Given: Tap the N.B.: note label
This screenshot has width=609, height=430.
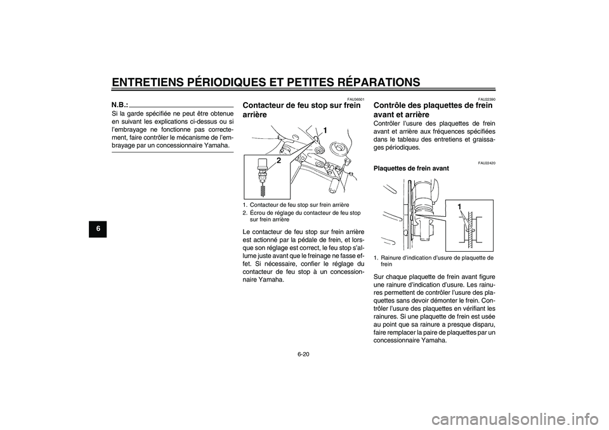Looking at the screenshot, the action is [120, 105].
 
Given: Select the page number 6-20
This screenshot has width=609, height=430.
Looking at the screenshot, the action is [304, 353].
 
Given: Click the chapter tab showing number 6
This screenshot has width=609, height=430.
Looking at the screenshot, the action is [98, 228].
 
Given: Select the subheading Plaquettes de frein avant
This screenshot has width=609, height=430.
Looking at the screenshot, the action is [411, 169].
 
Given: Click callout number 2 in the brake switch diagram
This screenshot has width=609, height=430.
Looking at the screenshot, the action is [278, 160].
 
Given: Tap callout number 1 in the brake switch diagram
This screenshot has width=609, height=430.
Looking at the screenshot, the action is [325, 131].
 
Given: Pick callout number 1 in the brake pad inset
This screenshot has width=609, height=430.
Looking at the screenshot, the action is [459, 207].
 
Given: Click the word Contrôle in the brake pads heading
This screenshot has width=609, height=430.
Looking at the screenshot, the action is [389, 105].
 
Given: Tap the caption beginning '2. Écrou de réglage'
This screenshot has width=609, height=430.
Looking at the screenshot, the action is [301, 216].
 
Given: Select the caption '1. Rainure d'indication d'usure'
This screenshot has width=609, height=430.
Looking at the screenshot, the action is [433, 261].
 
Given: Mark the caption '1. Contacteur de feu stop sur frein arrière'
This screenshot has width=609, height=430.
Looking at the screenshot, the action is [296, 205].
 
